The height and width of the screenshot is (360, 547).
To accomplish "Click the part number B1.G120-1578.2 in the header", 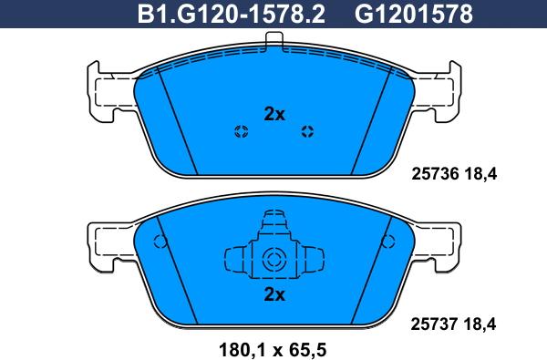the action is (232, 14).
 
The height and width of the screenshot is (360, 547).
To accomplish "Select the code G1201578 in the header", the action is (414, 14).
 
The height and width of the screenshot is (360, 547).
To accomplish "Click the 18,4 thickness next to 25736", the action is (480, 174).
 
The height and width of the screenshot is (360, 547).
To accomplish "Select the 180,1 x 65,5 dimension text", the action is (273, 349).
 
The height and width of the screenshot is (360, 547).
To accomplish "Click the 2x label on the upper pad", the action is (274, 114).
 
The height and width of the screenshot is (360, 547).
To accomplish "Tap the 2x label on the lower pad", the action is (274, 294).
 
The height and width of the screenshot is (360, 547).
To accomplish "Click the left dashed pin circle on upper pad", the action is (241, 131).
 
